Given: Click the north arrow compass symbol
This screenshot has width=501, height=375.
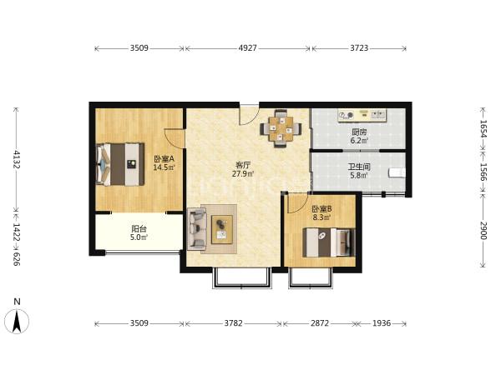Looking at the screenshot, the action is point(17,320).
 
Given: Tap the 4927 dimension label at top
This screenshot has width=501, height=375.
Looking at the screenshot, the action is point(248,48).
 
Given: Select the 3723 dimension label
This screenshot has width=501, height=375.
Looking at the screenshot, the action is point(359,48).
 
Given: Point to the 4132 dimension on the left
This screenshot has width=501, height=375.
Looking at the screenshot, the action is point(17,159).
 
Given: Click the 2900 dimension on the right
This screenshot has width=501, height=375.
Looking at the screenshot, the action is point(483,231).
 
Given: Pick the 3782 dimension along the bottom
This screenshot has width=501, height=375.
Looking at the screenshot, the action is point(233,323).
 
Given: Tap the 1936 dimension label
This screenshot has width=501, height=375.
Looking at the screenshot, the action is point(382,323).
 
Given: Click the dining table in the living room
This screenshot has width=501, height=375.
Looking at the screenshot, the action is point(281,128).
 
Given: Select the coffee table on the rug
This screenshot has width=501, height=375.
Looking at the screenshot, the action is point(222,230).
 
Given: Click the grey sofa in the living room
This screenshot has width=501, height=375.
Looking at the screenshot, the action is point(196,228).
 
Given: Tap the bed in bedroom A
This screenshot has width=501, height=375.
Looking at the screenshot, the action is point(120,164).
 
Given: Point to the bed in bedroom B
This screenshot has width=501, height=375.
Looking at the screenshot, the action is point(329,242).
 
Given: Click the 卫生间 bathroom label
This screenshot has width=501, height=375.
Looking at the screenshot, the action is point(359,167).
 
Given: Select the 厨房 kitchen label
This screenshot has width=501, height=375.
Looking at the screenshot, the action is point(359,132).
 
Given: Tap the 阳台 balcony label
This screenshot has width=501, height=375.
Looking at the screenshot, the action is point(139,228).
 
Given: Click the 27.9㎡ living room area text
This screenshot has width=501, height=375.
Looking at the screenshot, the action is point(243,174).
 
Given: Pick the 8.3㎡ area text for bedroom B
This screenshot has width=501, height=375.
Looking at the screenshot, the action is point(321,217).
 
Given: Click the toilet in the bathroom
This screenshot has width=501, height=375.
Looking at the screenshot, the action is point(397,172).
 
